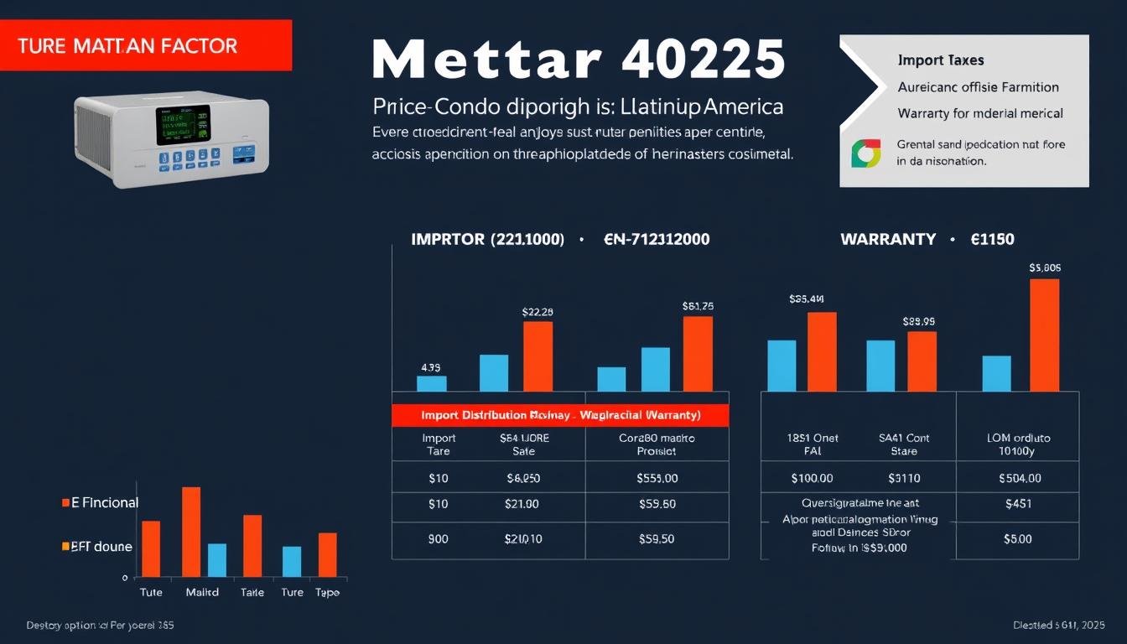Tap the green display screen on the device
point(183,125)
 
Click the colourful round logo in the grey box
point(865,153)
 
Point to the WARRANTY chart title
point(887,239)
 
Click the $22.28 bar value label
point(538,312)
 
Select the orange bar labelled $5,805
point(1044,335)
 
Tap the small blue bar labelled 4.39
point(431,383)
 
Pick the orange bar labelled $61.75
point(698,353)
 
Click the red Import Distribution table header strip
point(560,415)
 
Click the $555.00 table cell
point(657,478)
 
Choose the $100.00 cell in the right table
point(812,478)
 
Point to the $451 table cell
point(1017,504)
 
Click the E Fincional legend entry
point(100,503)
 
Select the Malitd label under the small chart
point(201,592)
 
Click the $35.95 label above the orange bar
point(918,321)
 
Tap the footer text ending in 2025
point(1058,626)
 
